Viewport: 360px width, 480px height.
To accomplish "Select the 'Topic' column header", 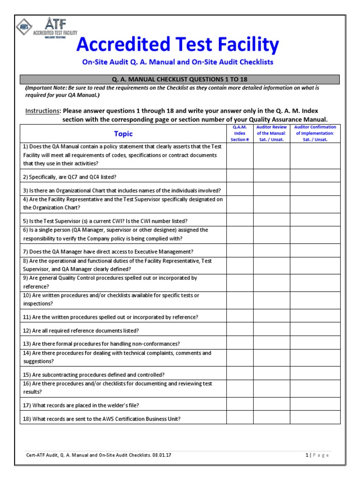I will (123, 134).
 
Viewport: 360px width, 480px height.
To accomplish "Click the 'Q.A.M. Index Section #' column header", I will (240, 133).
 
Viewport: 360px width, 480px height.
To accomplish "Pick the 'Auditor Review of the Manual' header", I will (272, 133).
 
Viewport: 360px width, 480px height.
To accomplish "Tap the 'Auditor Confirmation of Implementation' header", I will (315, 133).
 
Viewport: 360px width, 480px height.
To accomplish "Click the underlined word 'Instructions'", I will (42, 111).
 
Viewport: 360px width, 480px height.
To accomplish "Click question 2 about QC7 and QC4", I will (70, 177).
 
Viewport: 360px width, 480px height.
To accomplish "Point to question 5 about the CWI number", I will (105, 220).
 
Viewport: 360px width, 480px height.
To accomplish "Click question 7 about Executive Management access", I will (108, 251).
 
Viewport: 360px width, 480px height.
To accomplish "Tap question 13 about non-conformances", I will (102, 344).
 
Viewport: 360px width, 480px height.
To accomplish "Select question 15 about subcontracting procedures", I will (94, 375).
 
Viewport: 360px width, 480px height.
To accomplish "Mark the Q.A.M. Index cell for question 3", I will (240, 190).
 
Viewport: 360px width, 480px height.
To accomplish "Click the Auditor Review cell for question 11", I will (272, 316).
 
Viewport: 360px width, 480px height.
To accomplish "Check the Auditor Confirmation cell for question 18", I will (315, 418).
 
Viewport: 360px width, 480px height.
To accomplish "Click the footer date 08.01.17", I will (162, 455).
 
